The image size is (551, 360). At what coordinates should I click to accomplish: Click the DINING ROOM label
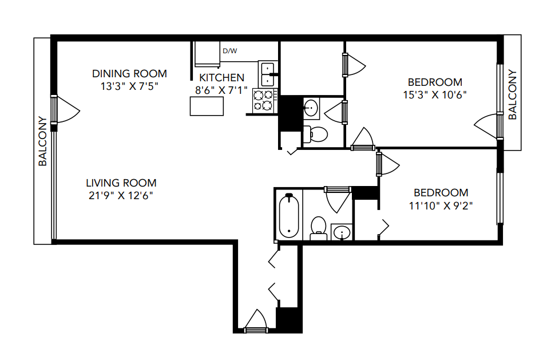130,73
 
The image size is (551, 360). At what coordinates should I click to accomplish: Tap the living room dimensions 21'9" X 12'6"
120,195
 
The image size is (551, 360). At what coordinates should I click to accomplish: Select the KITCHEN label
221,77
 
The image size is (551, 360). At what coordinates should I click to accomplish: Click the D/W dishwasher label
229,51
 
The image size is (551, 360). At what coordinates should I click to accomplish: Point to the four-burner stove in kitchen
265,100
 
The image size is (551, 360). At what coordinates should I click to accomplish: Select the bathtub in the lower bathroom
288,216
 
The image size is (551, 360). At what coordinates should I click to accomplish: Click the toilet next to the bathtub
318,227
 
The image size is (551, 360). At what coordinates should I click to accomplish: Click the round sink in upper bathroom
312,107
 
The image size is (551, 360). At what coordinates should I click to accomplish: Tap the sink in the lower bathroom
342,232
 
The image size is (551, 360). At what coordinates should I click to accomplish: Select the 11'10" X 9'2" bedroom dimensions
441,205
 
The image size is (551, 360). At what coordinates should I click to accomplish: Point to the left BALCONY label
42,141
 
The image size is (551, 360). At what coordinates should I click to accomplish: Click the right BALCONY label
512,95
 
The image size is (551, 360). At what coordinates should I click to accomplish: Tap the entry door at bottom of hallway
255,323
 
